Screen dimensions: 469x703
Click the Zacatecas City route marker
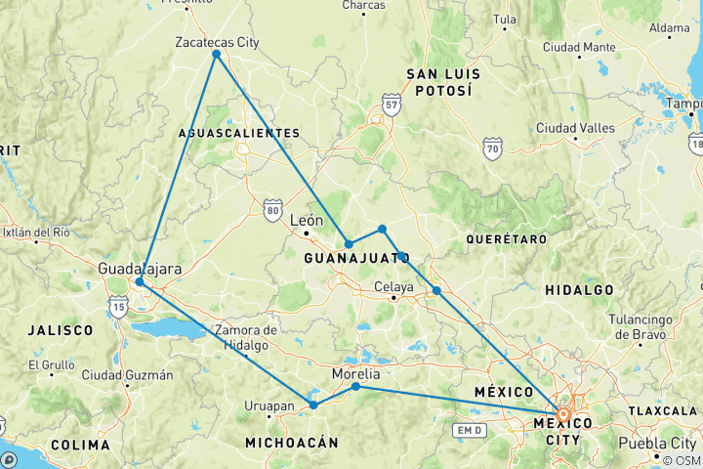(x=216, y=54)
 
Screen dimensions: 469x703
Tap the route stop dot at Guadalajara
(x=140, y=281)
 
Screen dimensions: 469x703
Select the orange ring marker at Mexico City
(x=563, y=414)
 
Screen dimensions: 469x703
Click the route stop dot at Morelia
(x=355, y=387)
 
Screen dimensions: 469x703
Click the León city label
(x=306, y=221)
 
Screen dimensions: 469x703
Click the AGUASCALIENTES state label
(x=239, y=132)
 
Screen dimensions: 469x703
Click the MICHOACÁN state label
(x=292, y=443)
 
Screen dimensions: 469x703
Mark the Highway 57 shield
(x=392, y=104)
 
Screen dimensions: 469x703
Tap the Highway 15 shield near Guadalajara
(x=119, y=308)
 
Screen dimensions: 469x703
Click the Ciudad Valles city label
(x=575, y=128)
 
